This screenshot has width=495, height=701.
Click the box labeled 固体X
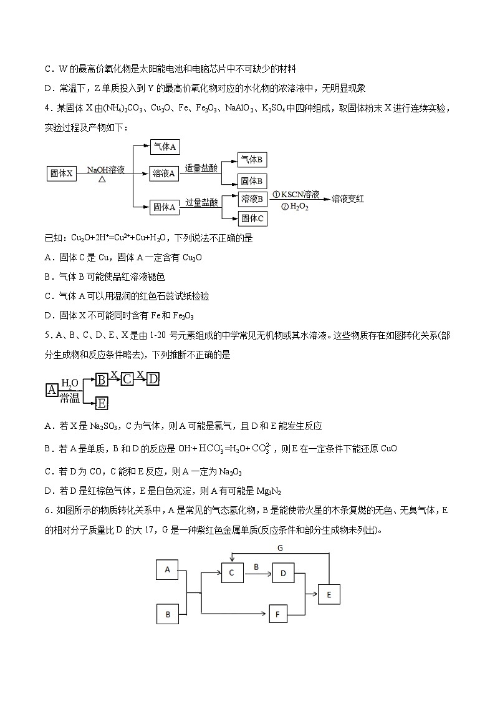click(x=62, y=174)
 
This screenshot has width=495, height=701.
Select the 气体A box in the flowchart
click(x=166, y=147)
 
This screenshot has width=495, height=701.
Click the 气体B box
click(x=253, y=160)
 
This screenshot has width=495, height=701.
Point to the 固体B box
click(x=253, y=181)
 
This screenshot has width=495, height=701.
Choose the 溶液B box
click(x=253, y=199)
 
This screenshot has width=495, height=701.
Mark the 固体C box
click(x=253, y=218)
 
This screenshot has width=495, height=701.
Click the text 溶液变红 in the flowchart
click(x=348, y=199)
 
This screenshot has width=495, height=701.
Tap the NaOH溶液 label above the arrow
click(x=106, y=169)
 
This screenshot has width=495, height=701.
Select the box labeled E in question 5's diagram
click(x=102, y=403)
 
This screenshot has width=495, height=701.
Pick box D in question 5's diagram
click(x=153, y=378)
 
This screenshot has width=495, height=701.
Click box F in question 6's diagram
click(x=277, y=614)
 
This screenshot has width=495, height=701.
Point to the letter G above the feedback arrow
click(x=280, y=548)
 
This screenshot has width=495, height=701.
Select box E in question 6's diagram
click(x=329, y=594)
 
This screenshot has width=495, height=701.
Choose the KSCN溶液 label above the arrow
click(x=296, y=195)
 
